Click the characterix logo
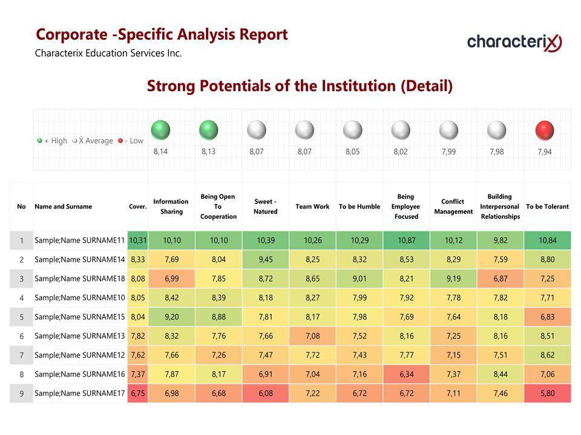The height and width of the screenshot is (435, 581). [x=514, y=42]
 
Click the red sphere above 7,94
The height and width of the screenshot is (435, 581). [x=545, y=129]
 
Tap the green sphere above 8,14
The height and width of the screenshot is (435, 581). [x=160, y=129]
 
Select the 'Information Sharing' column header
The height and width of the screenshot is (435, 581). [x=171, y=207]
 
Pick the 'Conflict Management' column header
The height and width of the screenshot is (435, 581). [x=453, y=207]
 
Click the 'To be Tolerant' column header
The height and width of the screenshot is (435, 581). [x=547, y=207]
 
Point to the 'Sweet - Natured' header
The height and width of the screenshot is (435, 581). [x=265, y=207]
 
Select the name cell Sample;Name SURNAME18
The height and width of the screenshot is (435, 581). [x=80, y=279]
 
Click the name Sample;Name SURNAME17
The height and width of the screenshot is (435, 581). [x=80, y=393]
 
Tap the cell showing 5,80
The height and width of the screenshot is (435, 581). [x=547, y=393]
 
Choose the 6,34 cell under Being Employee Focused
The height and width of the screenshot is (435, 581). [x=406, y=374]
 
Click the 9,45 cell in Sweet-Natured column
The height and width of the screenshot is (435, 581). [x=265, y=259]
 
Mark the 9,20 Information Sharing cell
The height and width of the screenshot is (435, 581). [x=171, y=317]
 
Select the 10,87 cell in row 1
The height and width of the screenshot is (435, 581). [x=406, y=240]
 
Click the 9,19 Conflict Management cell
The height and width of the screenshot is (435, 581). [x=453, y=279]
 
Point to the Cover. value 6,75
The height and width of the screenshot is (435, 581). [x=137, y=393]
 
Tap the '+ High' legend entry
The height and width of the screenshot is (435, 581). [x=52, y=141]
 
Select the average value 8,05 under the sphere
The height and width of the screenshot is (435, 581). [x=352, y=152]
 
